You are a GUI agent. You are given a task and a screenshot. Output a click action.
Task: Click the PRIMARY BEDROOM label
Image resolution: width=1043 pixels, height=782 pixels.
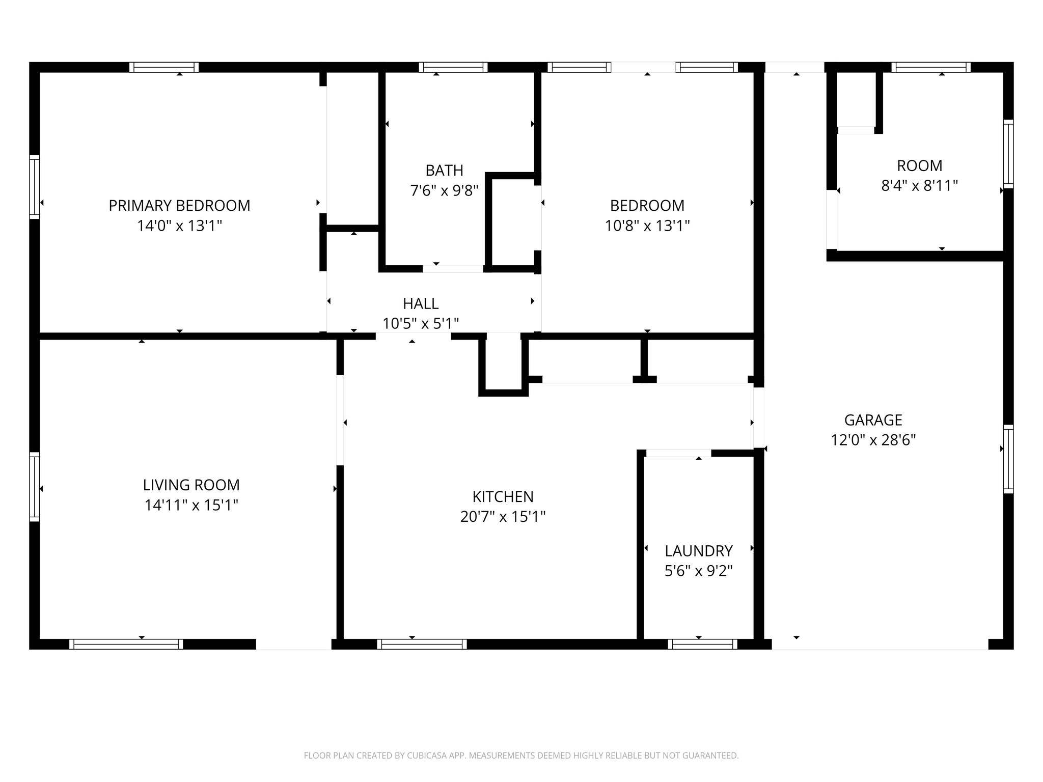click(x=179, y=206)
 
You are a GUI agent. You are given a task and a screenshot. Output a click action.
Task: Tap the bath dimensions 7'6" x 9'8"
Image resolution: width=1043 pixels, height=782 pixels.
click(x=444, y=191)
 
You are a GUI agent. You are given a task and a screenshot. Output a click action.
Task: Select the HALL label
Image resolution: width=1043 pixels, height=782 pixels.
click(x=421, y=303)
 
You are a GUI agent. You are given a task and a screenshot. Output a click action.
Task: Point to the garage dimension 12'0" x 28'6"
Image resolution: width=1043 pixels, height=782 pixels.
click(x=873, y=440)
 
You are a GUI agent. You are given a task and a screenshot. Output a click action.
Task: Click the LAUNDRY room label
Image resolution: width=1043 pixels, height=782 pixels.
click(x=698, y=551)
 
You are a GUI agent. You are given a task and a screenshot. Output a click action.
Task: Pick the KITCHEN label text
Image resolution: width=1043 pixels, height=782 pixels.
click(x=503, y=496)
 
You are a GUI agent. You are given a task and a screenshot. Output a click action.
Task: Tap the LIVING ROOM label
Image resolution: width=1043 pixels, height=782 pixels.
click(x=191, y=485)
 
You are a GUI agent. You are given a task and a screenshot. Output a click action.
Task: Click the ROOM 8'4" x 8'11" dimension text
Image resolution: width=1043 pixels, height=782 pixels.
click(x=919, y=186)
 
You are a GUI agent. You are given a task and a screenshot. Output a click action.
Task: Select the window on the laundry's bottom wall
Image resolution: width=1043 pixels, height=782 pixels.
click(x=702, y=645)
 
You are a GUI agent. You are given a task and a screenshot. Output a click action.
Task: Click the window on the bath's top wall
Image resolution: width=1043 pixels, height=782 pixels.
click(x=453, y=67)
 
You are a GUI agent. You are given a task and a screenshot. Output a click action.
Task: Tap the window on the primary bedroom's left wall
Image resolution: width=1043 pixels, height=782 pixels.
click(x=34, y=186)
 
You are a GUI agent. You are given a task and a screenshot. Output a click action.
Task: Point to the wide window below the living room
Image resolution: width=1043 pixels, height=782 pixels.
click(x=126, y=645)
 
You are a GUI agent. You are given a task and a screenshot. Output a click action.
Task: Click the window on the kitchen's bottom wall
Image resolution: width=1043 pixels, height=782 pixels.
click(x=422, y=645)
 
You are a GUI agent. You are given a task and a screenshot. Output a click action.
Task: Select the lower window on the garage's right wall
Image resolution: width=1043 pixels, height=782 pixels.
click(x=1008, y=459)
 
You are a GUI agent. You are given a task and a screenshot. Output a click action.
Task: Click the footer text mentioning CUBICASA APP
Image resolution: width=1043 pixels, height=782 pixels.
click(x=521, y=756)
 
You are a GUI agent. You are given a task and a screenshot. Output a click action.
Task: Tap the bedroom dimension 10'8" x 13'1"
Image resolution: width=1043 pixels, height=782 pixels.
click(x=647, y=226)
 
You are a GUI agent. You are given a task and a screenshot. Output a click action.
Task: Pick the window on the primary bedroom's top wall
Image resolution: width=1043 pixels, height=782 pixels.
click(x=163, y=67)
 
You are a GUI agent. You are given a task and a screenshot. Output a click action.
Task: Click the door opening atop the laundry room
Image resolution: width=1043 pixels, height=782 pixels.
click(x=678, y=453)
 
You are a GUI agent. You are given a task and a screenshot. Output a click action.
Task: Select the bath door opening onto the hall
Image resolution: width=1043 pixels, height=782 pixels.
click(x=453, y=269)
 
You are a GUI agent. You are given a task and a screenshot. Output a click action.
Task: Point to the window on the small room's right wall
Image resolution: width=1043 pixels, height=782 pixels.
click(x=1008, y=154)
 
